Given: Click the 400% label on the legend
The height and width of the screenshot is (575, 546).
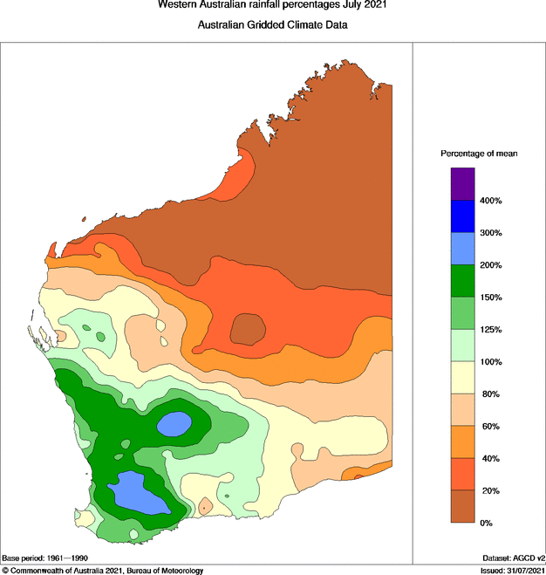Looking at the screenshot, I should coord(490,201).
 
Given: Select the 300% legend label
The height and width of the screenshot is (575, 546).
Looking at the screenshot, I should coord(490,233).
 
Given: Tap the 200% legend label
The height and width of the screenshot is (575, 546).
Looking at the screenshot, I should coord(490,265).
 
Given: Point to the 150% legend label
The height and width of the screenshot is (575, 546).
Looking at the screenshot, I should coord(490,298).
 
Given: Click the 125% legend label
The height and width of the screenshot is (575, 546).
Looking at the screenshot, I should coord(490,330).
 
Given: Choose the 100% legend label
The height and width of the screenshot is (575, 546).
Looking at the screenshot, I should coord(490,362).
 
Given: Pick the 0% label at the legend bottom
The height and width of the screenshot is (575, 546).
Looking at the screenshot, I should coord(487,523).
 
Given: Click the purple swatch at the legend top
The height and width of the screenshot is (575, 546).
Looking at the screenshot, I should coord(462,184).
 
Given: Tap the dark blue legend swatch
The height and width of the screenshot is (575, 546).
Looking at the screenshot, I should coord(462,216).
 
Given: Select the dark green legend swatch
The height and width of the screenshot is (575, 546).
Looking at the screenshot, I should coord(462,281).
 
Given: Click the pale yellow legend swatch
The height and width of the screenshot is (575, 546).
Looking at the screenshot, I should coord(462,378).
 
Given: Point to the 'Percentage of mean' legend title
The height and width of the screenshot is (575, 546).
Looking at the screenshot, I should coord(479,154).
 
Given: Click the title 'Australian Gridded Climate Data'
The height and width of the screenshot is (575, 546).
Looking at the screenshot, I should coord(272,25).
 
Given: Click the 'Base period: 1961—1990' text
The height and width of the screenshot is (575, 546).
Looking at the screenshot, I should coord(45,558).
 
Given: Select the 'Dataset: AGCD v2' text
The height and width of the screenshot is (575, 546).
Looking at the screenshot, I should coord(512,558).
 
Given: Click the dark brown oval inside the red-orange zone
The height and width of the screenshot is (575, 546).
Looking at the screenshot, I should coord(249,330).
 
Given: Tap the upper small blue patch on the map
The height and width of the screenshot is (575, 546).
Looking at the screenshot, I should coord(174,423).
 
